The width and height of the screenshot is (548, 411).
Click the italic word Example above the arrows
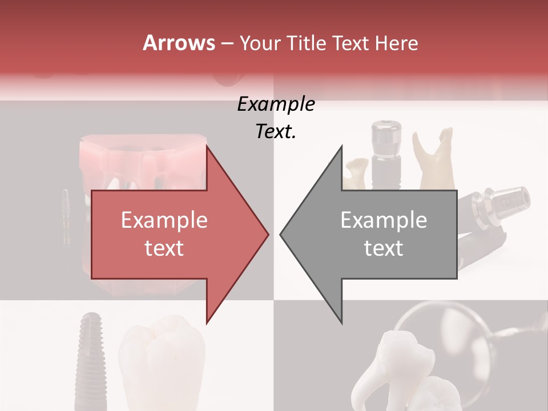pos(276,104)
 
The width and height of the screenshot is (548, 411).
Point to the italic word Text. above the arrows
pos(276,132)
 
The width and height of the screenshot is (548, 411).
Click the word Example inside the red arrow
pos(164,220)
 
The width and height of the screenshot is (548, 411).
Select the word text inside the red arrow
pos(164,248)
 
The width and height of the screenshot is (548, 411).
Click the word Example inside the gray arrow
pos(384,220)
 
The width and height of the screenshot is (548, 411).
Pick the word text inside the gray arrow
pos(384,248)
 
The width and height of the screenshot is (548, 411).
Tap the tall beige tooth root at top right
pos(436,160)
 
